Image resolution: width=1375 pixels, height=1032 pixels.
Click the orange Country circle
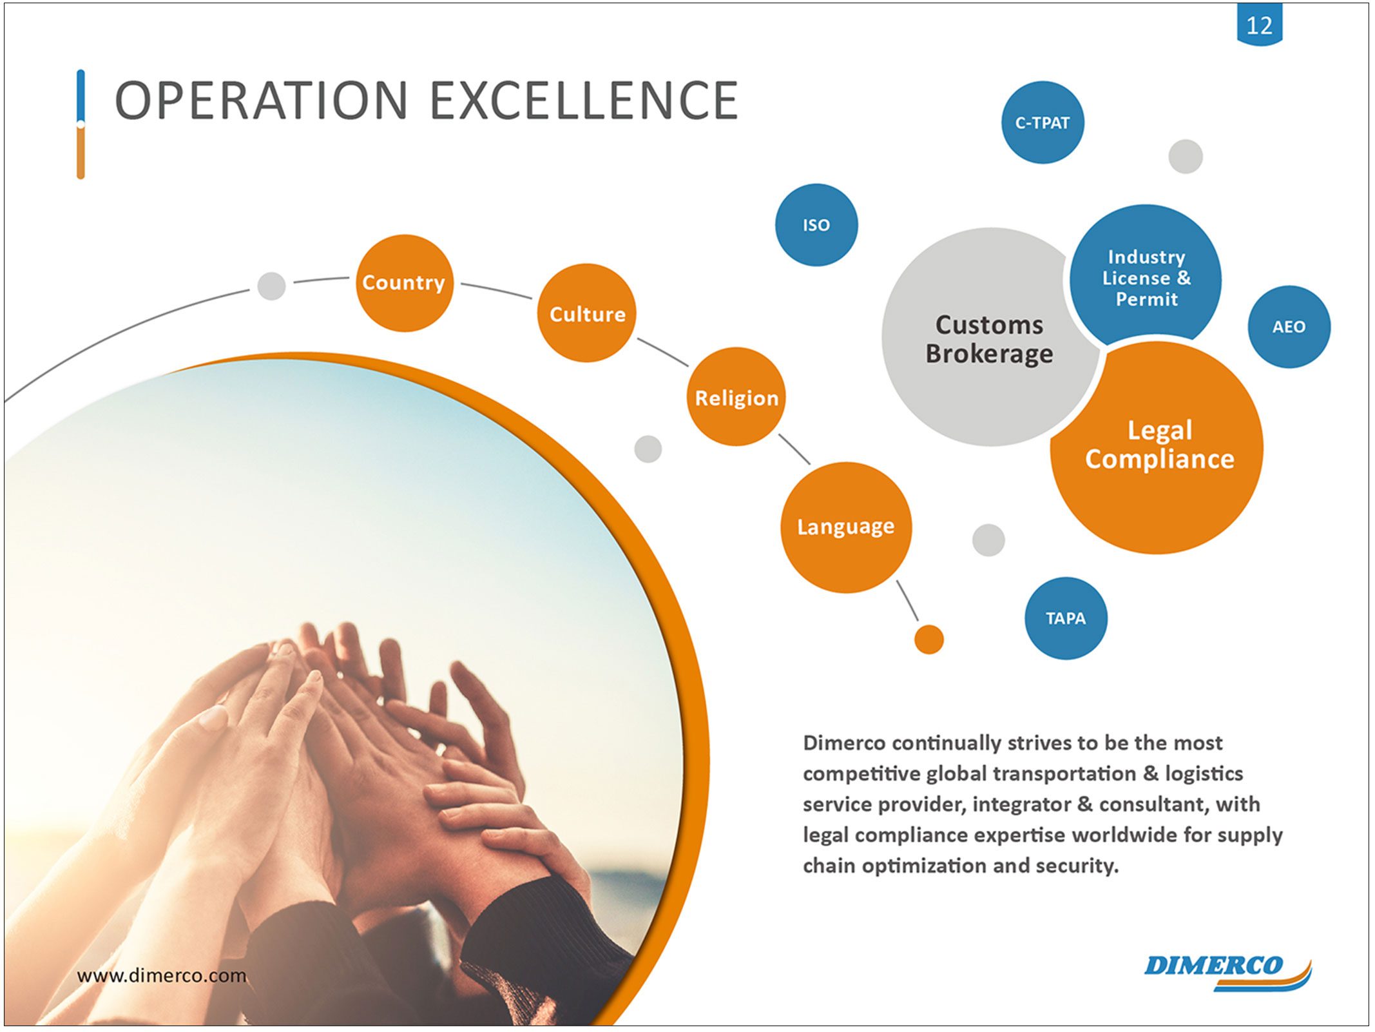pyautogui.click(x=404, y=283)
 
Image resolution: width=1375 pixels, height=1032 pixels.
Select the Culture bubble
pyautogui.click(x=586, y=313)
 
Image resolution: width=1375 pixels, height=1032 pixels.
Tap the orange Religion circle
pyautogui.click(x=736, y=397)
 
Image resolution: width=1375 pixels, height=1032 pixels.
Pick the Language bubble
pyautogui.click(x=846, y=527)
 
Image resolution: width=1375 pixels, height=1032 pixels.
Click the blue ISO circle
pyautogui.click(x=816, y=225)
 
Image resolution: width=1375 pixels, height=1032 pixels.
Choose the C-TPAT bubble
pyautogui.click(x=1043, y=122)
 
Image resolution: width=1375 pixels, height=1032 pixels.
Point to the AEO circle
pyautogui.click(x=1289, y=327)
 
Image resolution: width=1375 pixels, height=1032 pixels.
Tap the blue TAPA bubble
pyautogui.click(x=1066, y=618)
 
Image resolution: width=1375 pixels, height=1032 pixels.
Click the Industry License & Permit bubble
pyautogui.click(x=1145, y=277)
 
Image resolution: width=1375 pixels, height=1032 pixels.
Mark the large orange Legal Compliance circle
pyautogui.click(x=1157, y=447)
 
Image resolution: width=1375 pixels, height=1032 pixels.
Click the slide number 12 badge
pyautogui.click(x=1259, y=24)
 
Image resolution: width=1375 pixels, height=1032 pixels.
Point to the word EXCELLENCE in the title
pyautogui.click(x=584, y=101)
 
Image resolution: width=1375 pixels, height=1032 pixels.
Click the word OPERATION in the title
pyautogui.click(x=261, y=101)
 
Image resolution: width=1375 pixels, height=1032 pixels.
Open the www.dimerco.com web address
pyautogui.click(x=162, y=975)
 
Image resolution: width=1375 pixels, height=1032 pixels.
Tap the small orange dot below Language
pyautogui.click(x=928, y=639)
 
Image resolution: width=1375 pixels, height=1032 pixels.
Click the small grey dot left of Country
pyautogui.click(x=271, y=286)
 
